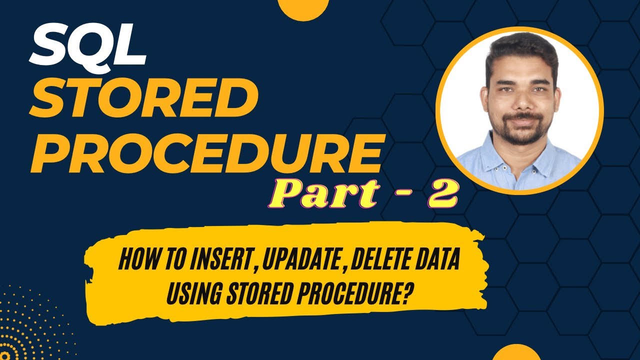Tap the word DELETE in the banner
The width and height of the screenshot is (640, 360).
377,261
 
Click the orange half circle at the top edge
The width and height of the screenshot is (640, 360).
303,9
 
